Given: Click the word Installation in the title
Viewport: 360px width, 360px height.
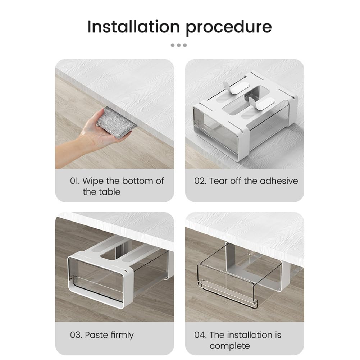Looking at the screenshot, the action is (x=134, y=27).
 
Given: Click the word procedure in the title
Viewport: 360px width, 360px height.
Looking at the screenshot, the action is (x=229, y=28).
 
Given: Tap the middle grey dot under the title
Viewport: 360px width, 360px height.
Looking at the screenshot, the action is (x=179, y=45).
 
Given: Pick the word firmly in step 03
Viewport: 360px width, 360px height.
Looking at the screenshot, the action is (x=122, y=335).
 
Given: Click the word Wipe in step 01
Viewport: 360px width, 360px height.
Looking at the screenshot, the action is (x=93, y=181).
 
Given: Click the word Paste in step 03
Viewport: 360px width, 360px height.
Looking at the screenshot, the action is (x=96, y=335).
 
